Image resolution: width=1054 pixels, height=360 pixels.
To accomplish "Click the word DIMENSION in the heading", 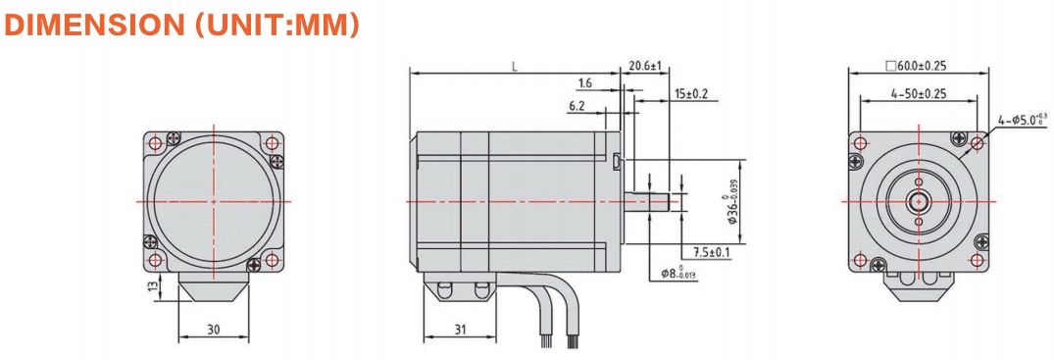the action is click(x=93, y=25).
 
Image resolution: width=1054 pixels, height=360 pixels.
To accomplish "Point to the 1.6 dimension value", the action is click(x=584, y=83).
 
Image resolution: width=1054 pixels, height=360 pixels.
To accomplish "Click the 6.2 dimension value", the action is click(x=577, y=106).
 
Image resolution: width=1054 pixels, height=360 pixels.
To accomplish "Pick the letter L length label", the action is click(x=514, y=66).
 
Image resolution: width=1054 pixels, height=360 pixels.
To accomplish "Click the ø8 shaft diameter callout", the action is click(x=678, y=274).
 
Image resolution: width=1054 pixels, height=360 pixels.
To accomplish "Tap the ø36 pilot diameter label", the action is click(x=732, y=201).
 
